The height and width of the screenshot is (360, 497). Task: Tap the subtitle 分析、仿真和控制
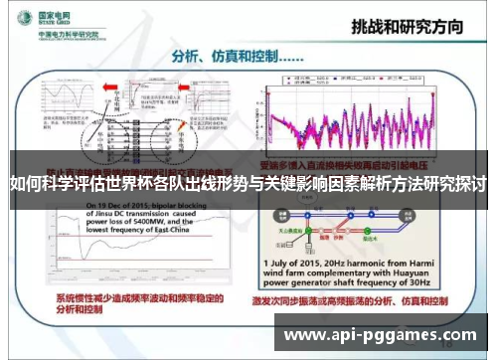point(223,57)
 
